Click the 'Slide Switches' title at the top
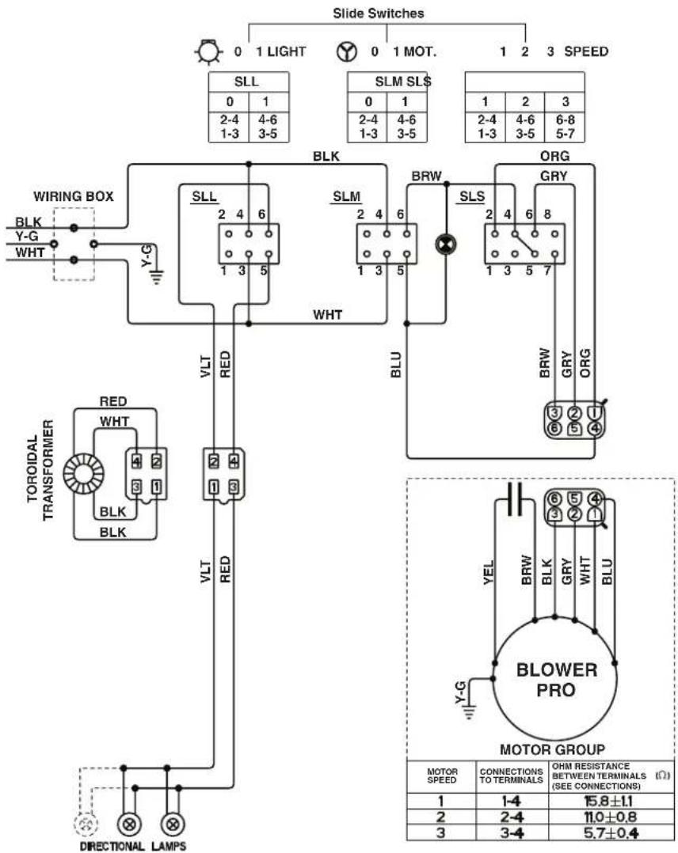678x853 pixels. [x=378, y=13]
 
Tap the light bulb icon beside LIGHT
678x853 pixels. [x=208, y=51]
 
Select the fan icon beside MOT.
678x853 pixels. [x=346, y=51]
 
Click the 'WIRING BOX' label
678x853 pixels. [x=74, y=196]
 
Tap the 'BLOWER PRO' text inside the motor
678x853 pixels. [x=557, y=680]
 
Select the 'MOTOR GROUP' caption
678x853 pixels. [x=552, y=749]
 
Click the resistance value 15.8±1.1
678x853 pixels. [x=608, y=801]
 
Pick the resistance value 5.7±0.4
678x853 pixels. [x=610, y=832]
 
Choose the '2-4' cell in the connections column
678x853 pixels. [x=511, y=817]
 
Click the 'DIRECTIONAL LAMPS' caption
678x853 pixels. [x=133, y=846]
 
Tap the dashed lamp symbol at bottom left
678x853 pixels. [x=86, y=824]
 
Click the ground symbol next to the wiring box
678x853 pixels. [x=157, y=278]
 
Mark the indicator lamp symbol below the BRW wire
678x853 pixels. [x=446, y=245]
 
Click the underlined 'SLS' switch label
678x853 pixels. [x=471, y=197]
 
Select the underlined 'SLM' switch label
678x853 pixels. [x=346, y=197]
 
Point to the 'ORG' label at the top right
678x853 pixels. [x=554, y=156]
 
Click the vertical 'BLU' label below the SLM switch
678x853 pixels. [x=396, y=365]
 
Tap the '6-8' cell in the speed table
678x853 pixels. [x=566, y=119]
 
